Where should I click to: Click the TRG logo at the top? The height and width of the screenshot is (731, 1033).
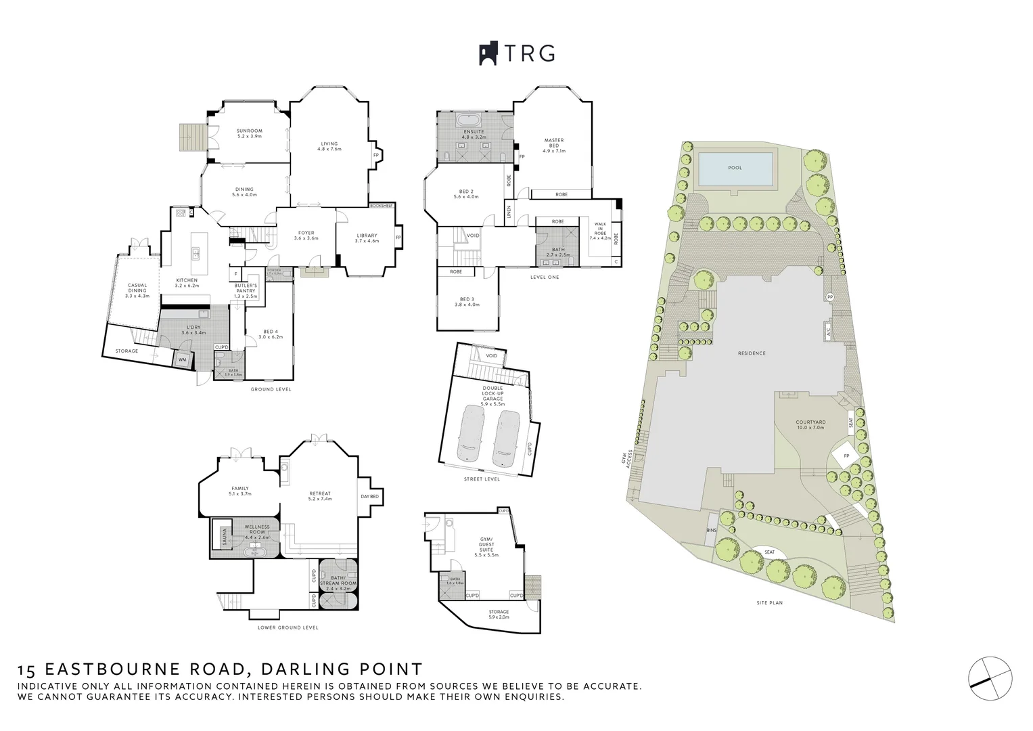coord(517,53)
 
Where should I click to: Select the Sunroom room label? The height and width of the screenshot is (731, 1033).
coord(249,133)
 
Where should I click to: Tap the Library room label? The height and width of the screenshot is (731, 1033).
coord(367,238)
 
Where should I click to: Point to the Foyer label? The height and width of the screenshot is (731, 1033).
coord(306,236)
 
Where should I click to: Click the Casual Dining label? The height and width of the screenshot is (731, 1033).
coord(137,290)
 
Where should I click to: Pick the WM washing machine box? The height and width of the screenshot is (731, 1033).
coord(182,360)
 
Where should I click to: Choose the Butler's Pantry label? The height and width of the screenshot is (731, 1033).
coord(246,290)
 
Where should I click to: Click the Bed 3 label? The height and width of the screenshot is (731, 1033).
coord(469,301)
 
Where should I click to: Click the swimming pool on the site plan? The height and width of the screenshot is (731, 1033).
coord(735,168)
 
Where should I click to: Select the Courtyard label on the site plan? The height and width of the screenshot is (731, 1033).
coord(810,424)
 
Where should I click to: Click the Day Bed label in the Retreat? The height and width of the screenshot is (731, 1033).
coord(369,496)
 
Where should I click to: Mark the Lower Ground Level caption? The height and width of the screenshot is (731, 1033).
coord(288,627)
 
